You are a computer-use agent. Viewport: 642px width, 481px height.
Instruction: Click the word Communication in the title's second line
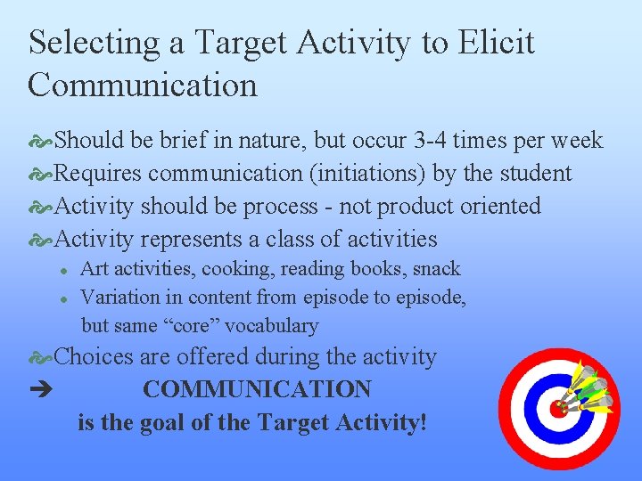143,86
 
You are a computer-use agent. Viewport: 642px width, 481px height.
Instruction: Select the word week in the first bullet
576,141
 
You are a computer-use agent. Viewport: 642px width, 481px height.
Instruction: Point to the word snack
437,269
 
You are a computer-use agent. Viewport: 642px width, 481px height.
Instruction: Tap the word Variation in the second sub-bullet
116,298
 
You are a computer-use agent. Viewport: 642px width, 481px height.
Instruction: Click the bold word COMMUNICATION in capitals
257,390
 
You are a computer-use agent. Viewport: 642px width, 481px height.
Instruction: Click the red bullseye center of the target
558,410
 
